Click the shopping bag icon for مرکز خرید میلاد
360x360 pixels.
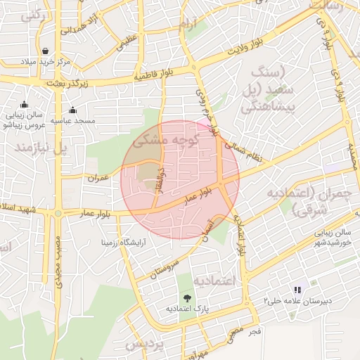(46, 51)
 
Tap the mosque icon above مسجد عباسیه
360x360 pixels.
(72, 110)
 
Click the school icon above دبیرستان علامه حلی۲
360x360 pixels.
(297, 290)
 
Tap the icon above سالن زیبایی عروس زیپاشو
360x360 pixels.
(25, 105)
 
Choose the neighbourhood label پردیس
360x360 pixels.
(144, 345)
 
